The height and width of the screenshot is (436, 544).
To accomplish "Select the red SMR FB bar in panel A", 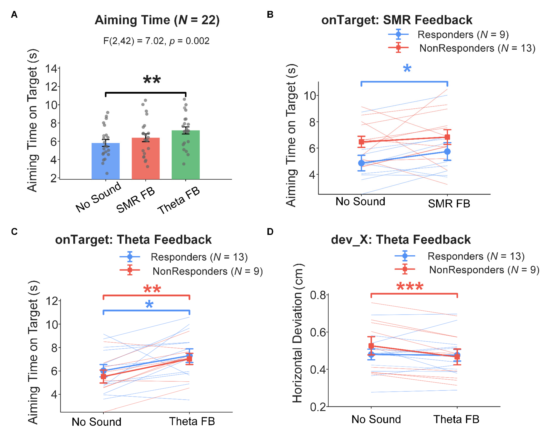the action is coord(146,158).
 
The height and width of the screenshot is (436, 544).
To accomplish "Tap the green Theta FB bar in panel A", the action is coord(186,155).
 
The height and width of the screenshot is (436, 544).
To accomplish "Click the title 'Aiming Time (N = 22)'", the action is coord(157,20).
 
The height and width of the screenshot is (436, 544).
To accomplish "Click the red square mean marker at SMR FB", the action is coord(447,137).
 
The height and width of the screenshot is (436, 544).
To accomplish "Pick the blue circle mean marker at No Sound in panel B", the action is coord(361,163).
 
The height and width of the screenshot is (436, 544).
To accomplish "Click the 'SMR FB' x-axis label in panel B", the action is coord(449,203).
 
